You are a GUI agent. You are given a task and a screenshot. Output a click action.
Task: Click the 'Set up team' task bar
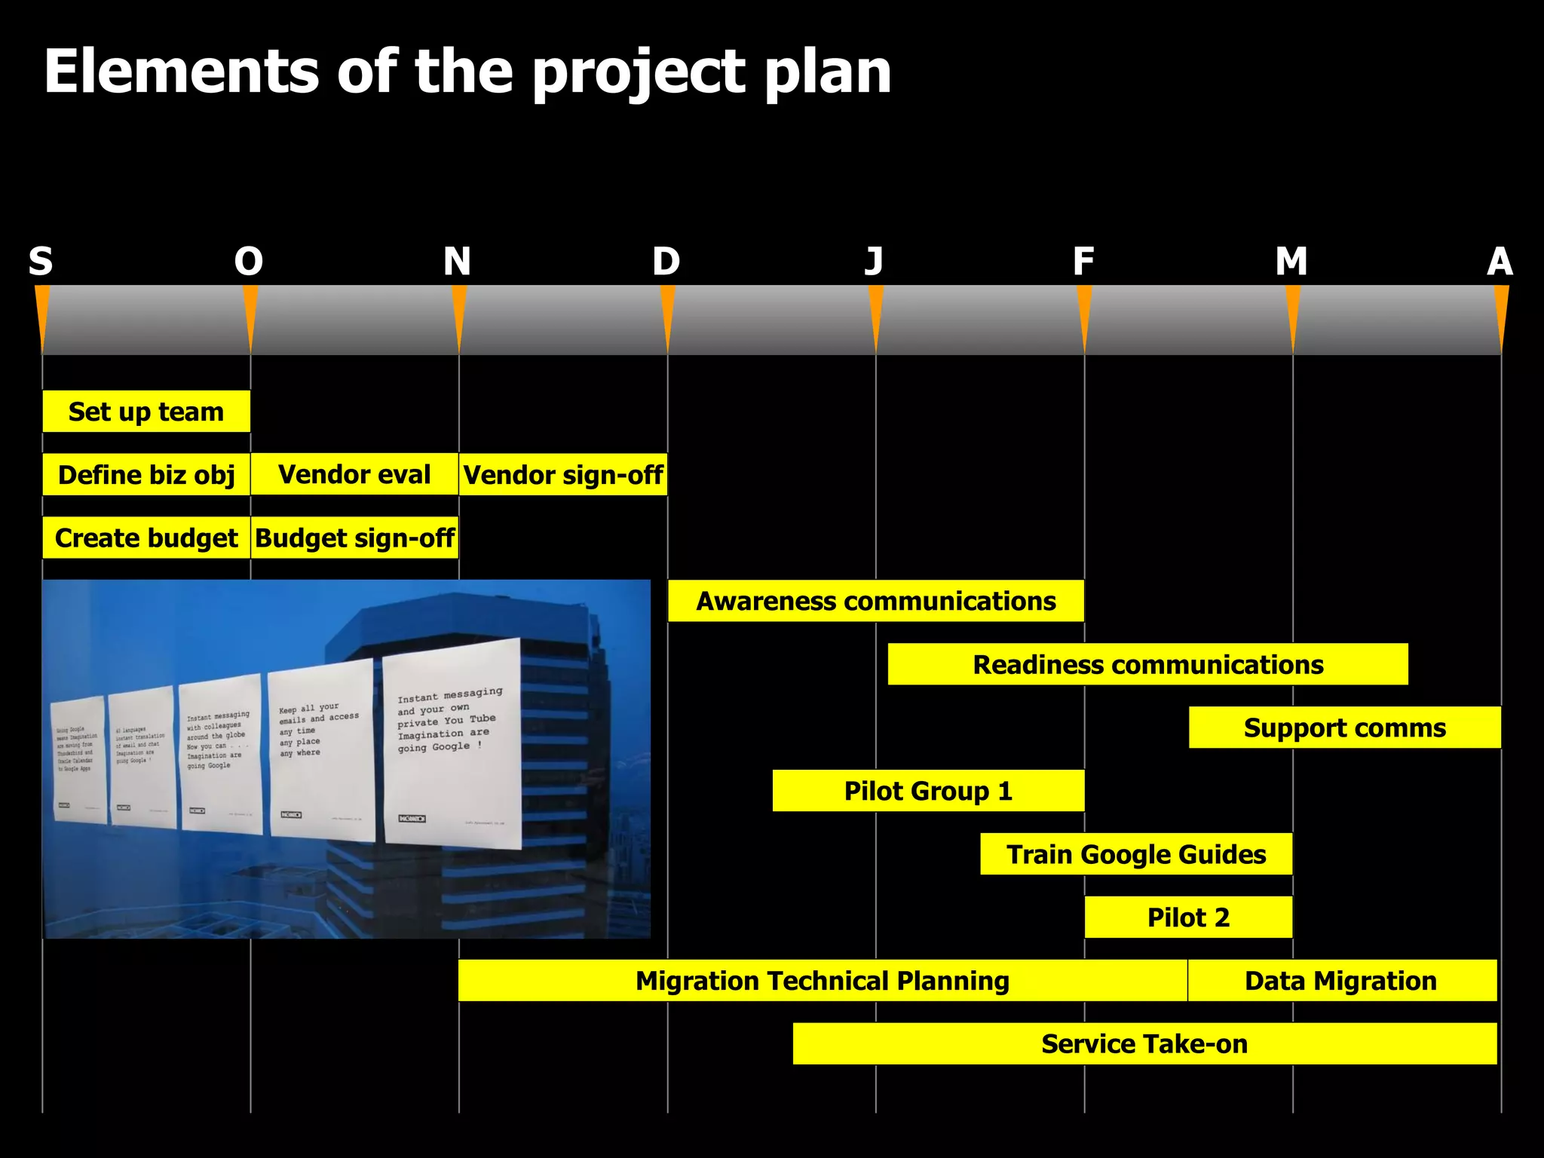146,412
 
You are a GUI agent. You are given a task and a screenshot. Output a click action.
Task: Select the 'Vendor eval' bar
354,474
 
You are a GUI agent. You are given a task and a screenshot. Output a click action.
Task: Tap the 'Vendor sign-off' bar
563,475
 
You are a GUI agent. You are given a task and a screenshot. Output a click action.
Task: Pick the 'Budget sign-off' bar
354,538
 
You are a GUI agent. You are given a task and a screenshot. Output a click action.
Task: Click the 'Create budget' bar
146,538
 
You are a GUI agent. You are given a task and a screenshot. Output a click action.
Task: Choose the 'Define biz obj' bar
146,475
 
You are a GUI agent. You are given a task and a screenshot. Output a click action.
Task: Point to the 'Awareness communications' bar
876,601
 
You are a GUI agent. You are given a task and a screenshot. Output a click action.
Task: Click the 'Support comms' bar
1345,728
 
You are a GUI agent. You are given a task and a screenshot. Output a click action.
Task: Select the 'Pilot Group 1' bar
928,791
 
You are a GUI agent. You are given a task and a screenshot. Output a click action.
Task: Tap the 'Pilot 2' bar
1188,918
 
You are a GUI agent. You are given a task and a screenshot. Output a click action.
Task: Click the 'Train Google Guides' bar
1136,854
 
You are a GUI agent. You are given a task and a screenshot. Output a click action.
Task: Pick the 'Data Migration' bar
1341,981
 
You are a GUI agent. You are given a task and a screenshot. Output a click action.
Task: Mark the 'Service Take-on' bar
1144,1044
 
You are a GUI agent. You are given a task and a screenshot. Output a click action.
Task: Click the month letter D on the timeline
666,262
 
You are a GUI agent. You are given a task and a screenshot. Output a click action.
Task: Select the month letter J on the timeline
875,262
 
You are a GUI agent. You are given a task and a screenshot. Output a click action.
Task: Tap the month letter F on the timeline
1083,262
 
